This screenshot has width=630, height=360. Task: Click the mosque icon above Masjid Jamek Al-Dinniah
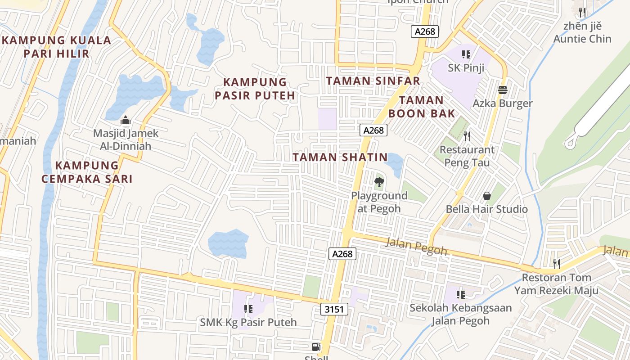pos(126,120)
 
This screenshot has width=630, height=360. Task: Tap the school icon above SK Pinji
pos(466,54)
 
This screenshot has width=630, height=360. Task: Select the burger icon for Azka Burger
pos(503,90)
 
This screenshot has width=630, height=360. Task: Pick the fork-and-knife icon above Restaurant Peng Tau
pos(467,136)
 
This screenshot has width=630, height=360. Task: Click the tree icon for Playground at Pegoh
pos(379,182)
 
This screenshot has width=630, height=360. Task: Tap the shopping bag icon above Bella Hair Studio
pos(487,195)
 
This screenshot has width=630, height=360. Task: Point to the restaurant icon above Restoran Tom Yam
pos(557,264)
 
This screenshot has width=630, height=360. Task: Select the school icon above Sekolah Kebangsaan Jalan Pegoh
pos(460,295)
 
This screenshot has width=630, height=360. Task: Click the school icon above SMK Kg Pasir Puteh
pos(248,309)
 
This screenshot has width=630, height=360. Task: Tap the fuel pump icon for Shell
pos(316,346)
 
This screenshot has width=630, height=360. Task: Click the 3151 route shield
pos(334,309)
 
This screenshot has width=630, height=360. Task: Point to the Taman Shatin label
pos(340,157)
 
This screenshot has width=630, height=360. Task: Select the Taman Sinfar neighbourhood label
pos(373,81)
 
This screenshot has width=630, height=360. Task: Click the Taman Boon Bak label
pos(422,107)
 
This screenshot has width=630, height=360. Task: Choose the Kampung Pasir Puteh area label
pos(255,89)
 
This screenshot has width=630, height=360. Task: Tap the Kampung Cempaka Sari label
pos(87,172)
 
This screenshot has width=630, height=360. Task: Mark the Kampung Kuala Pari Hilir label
pos(56,47)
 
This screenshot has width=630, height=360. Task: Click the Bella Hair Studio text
pos(486,209)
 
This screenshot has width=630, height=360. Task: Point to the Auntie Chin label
pos(582,39)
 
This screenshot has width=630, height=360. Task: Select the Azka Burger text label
pos(502,103)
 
